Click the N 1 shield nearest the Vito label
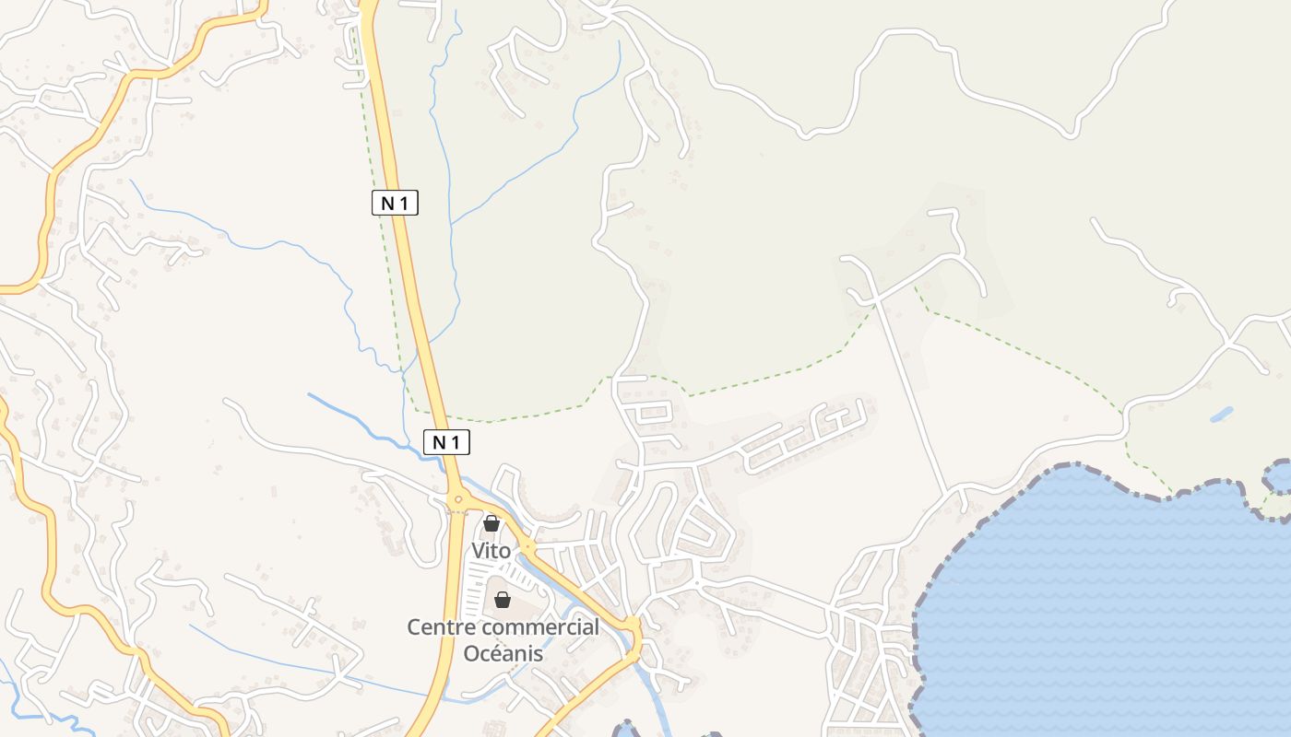click(446, 442)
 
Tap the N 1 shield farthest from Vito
click(395, 203)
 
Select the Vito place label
click(491, 551)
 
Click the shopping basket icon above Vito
click(492, 523)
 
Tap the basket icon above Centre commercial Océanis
click(503, 600)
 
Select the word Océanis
click(503, 654)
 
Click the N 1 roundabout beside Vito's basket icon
click(458, 500)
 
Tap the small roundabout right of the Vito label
click(527, 547)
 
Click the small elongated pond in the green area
click(1221, 415)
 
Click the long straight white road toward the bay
click(908, 387)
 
